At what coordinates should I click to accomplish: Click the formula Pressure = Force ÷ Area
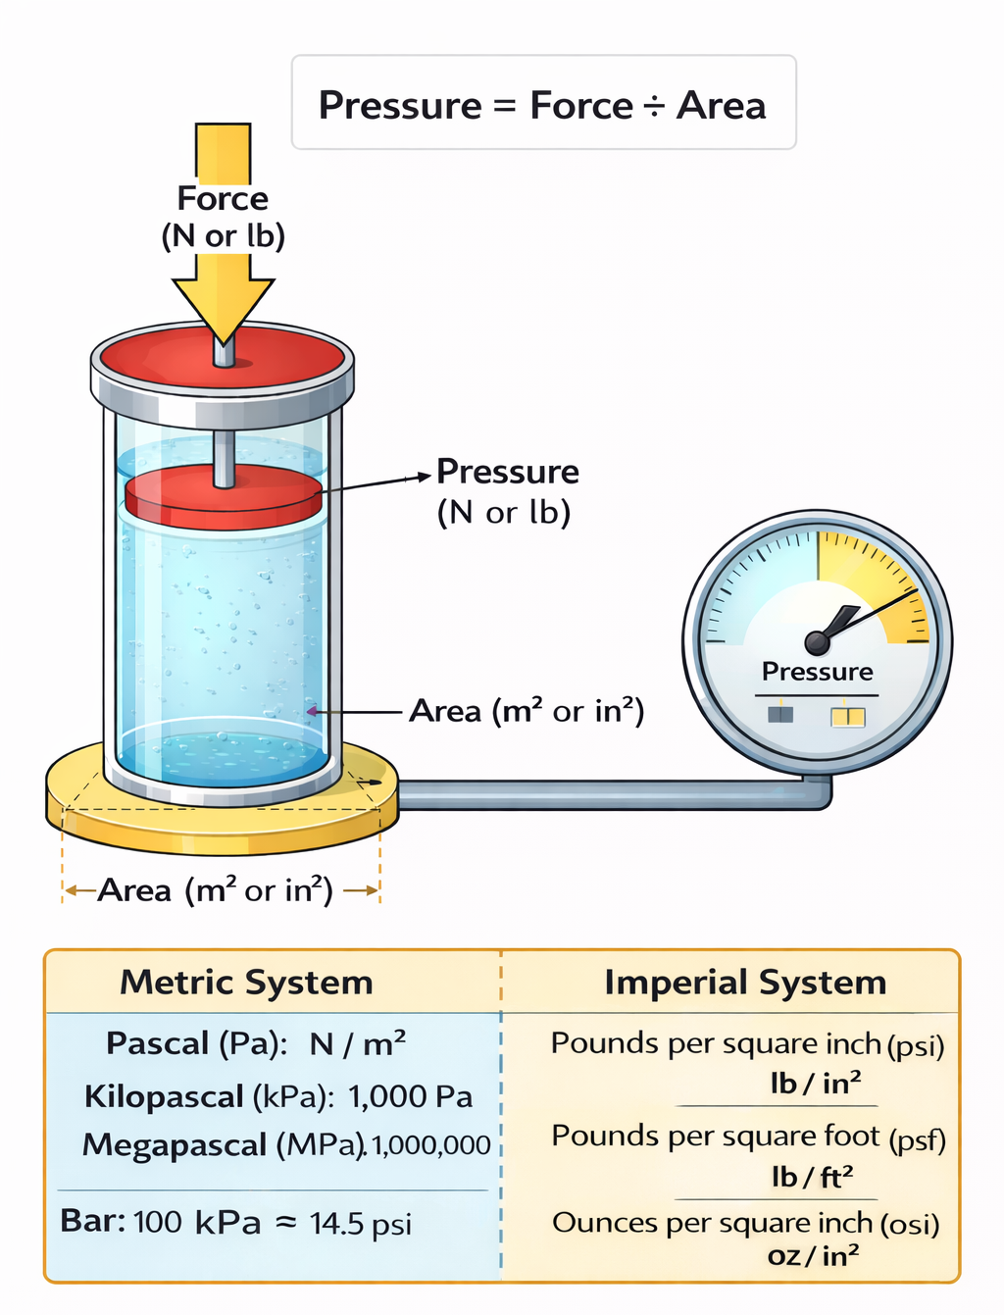542,106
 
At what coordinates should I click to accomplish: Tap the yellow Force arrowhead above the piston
223,309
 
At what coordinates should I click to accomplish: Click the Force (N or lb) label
223,217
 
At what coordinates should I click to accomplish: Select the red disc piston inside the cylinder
223,496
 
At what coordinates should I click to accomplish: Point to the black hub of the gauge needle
817,643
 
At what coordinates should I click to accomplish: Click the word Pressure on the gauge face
817,672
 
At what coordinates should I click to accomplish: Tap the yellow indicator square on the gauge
848,717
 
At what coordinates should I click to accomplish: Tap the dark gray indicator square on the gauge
780,715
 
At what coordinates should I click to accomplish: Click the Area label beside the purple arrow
526,712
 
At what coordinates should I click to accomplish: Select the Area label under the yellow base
215,890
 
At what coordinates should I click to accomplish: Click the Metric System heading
246,984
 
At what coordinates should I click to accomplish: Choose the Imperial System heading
745,984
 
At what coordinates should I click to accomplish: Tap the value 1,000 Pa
411,1096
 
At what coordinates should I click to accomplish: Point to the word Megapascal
175,1145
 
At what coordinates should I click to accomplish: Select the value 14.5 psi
361,1224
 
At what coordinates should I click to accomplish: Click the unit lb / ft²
812,1177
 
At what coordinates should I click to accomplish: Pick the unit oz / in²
813,1255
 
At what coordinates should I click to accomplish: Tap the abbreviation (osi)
909,1225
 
